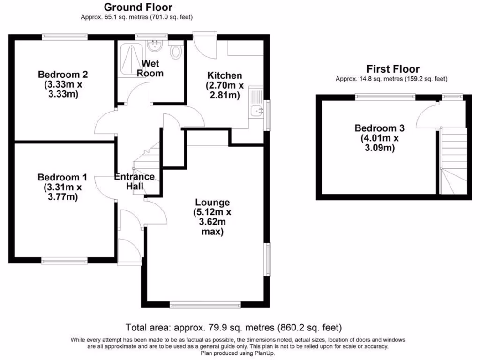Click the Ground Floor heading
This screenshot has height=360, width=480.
pyautogui.click(x=137, y=7)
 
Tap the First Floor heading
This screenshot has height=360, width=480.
pyautogui.click(x=393, y=69)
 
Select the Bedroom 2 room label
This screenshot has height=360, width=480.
pyautogui.click(x=63, y=75)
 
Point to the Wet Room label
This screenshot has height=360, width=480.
pyautogui.click(x=150, y=68)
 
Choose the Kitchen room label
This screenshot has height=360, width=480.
pyautogui.click(x=225, y=75)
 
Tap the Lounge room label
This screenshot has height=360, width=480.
pyautogui.click(x=212, y=202)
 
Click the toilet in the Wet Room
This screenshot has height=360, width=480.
pyautogui.click(x=176, y=51)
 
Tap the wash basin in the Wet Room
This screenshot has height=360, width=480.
pyautogui.click(x=154, y=45)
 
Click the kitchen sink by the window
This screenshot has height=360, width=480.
pyautogui.click(x=256, y=111)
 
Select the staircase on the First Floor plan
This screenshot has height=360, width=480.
pyautogui.click(x=454, y=162)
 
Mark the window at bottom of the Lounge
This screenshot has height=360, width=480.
pyautogui.click(x=205, y=306)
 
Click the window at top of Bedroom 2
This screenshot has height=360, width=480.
pyautogui.click(x=64, y=36)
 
